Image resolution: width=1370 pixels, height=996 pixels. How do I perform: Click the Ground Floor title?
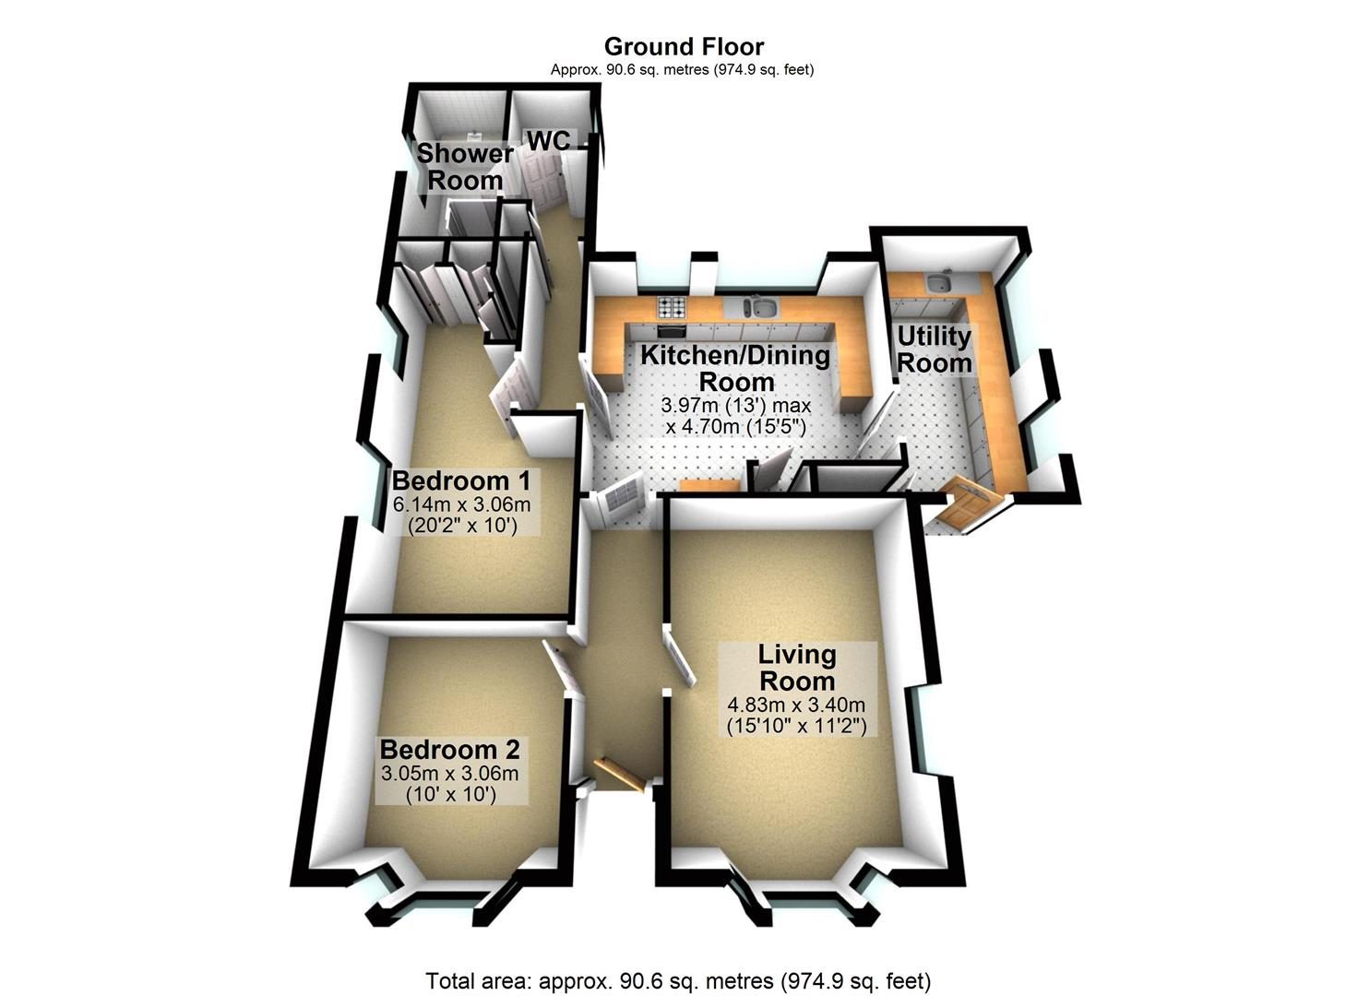(x=684, y=46)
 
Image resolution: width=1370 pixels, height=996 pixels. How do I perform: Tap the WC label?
(x=548, y=140)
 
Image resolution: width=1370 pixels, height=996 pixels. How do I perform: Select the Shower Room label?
(x=465, y=166)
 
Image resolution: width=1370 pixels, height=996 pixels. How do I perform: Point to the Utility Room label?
(x=934, y=350)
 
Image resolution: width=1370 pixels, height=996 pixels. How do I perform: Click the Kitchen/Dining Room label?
(x=735, y=369)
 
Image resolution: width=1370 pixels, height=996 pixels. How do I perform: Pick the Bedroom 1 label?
(x=461, y=480)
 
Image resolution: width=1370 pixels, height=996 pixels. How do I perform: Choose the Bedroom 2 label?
(x=449, y=749)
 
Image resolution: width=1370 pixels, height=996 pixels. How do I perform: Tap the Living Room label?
(x=797, y=667)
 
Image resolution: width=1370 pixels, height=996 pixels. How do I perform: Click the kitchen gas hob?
(x=673, y=307)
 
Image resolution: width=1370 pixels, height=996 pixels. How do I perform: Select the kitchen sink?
(x=757, y=307)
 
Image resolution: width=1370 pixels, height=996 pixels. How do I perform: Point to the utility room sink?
(x=940, y=282)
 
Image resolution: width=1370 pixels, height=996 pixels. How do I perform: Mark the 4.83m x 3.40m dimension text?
(x=795, y=705)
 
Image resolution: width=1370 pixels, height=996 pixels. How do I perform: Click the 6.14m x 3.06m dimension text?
(x=461, y=504)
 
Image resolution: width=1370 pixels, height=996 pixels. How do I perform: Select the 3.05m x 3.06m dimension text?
(x=449, y=773)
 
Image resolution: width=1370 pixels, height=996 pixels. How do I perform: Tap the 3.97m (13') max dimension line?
(x=736, y=406)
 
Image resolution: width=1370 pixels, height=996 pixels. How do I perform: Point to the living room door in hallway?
(x=680, y=659)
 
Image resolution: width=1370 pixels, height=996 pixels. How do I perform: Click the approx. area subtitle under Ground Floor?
(x=682, y=70)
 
